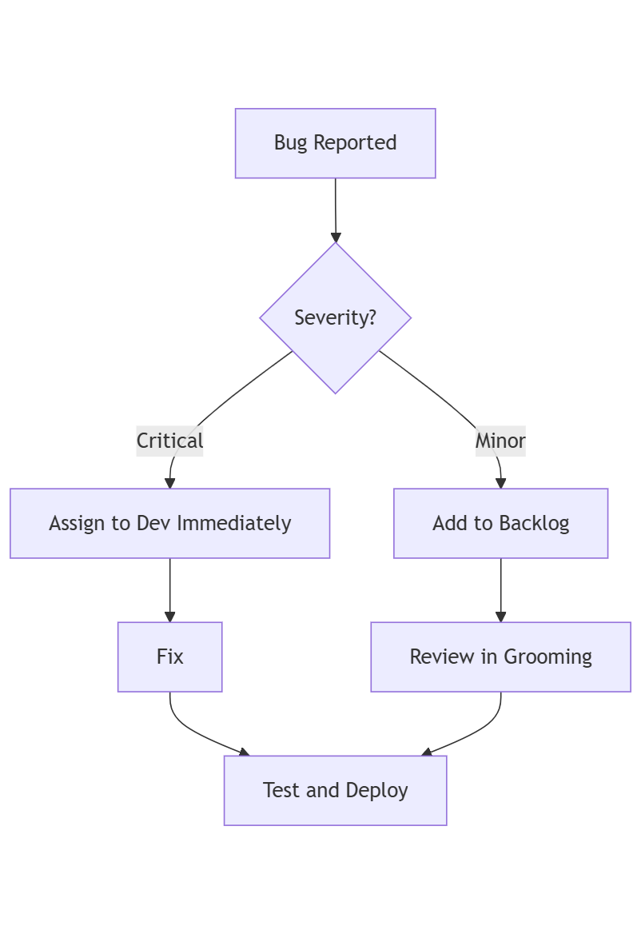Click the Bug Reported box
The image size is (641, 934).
click(x=335, y=143)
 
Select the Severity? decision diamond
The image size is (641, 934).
click(x=335, y=317)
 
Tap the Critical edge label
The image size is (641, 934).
click(x=169, y=441)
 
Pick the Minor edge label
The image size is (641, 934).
click(x=500, y=441)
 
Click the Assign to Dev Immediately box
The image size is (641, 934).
click(x=169, y=523)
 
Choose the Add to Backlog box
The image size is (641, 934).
click(x=500, y=523)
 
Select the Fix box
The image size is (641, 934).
click(x=169, y=657)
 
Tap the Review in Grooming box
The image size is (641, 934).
click(x=500, y=657)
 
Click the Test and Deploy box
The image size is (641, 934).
click(x=335, y=790)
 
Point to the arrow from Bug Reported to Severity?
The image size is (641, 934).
click(x=336, y=208)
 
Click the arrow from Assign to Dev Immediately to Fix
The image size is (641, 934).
click(x=170, y=589)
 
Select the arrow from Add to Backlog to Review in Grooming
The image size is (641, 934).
click(x=501, y=589)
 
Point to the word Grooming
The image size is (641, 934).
click(x=547, y=657)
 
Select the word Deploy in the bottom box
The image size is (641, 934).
click(x=376, y=790)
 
